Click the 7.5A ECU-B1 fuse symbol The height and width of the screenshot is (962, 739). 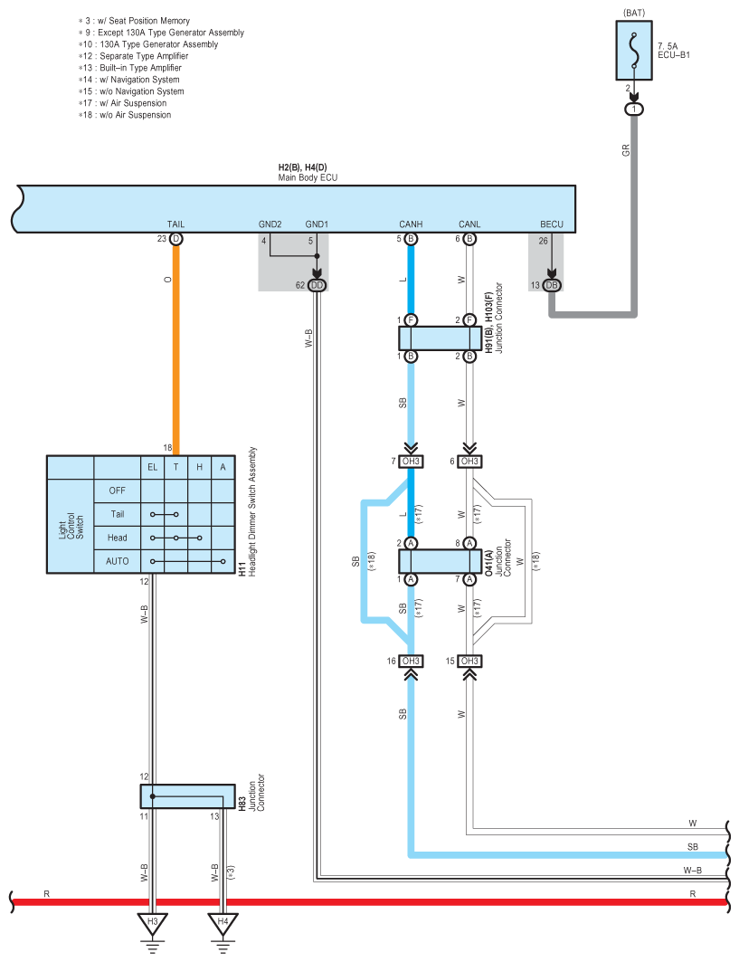[x=633, y=51]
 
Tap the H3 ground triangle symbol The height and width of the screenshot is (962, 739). [x=153, y=923]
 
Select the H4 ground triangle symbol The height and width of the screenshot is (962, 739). [x=223, y=923]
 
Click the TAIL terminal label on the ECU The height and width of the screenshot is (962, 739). [x=175, y=224]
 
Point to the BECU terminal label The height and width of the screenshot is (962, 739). [x=552, y=224]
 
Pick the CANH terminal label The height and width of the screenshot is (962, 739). [x=411, y=224]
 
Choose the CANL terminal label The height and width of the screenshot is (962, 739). [x=469, y=224]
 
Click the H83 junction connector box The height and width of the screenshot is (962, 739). [x=187, y=796]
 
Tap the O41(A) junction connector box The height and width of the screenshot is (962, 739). [x=440, y=561]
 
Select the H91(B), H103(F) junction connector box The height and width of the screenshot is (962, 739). [x=440, y=338]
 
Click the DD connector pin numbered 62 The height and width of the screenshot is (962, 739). [x=317, y=285]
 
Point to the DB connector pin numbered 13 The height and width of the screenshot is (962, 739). [x=552, y=285]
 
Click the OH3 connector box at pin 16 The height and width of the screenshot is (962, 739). [x=411, y=661]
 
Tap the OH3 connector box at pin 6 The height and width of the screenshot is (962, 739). [x=469, y=462]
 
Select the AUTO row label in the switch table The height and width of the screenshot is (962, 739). [x=117, y=561]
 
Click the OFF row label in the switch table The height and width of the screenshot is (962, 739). [x=117, y=491]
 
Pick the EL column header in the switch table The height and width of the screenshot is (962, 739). [x=153, y=468]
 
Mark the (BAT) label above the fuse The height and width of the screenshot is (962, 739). [x=634, y=13]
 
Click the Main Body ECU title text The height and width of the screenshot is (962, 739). [x=308, y=178]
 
